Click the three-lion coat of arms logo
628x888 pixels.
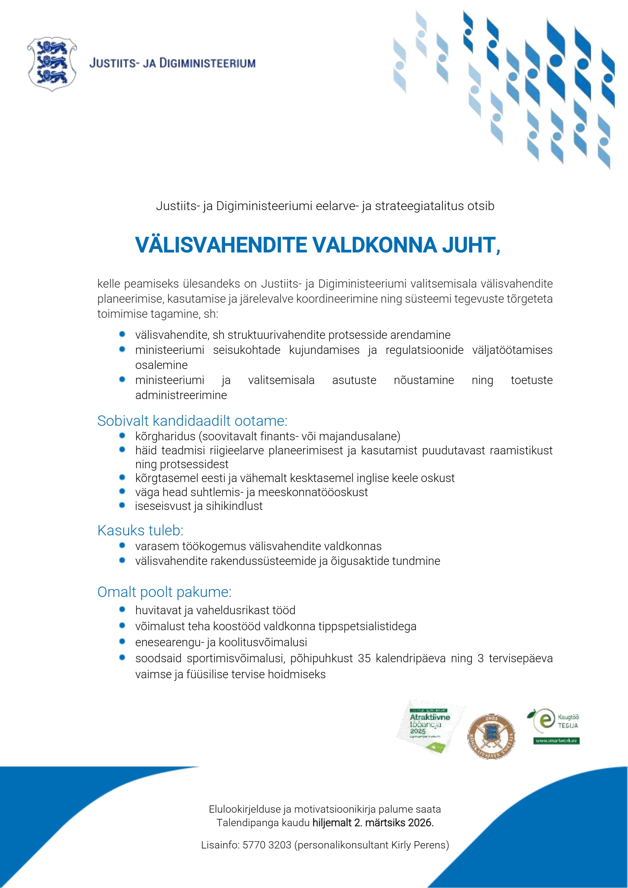52,64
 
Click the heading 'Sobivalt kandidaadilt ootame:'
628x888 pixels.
192,421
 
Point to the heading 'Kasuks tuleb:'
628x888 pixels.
140,530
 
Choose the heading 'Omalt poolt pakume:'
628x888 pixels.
164,592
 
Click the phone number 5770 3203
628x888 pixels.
267,845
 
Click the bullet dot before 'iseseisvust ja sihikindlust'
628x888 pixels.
122,506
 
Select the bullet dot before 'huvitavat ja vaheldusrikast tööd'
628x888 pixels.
122,609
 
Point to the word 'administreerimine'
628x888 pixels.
181,395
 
